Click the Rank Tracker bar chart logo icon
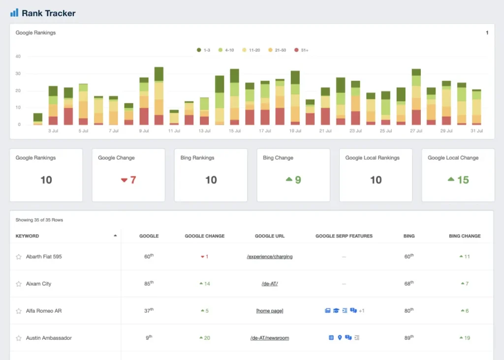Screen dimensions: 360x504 [14, 13]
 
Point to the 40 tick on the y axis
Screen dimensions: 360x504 [18, 57]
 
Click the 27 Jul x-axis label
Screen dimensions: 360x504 [416, 131]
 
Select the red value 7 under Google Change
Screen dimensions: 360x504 [132, 180]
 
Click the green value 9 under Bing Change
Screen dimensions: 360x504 [297, 180]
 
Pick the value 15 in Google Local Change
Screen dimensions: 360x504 [463, 180]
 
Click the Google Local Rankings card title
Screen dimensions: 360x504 [372, 158]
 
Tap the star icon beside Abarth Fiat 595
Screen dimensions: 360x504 [19, 257]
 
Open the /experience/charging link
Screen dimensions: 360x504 [269, 257]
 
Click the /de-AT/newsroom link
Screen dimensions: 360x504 [269, 338]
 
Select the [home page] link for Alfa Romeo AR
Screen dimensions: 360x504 [269, 311]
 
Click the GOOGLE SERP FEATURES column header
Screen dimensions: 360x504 [344, 236]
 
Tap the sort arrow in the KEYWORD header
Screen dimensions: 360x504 [115, 236]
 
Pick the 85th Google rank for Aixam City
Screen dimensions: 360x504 [149, 284]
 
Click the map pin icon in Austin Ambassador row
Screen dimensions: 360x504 [340, 338]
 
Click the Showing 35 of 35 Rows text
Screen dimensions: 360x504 [39, 220]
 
